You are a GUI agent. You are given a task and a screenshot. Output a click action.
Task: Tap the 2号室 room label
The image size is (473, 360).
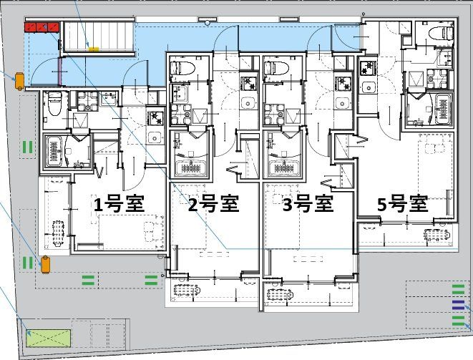tap(213, 205)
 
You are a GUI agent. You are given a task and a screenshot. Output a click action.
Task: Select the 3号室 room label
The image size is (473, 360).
tap(308, 205)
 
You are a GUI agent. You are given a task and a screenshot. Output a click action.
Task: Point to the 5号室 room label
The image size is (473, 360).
tap(403, 205)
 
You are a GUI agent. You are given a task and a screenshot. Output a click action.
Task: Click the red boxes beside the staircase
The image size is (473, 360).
tap(42, 27)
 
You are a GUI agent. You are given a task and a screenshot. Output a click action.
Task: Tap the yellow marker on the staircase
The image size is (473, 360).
tap(94, 49)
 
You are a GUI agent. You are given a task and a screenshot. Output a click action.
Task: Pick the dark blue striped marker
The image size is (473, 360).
tap(458, 304)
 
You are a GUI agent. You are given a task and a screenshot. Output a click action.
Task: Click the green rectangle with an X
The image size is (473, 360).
tap(49, 336)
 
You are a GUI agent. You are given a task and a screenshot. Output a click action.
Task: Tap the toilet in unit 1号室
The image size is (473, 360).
tap(54, 107)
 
